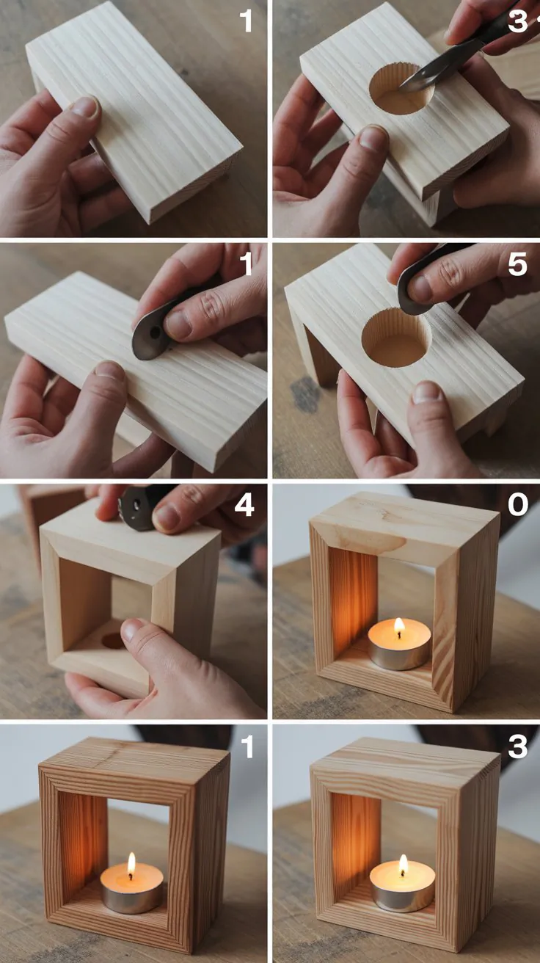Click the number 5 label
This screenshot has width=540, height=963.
(x=517, y=264)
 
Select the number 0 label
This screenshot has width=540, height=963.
(x=518, y=504)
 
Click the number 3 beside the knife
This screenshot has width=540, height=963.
(x=517, y=21)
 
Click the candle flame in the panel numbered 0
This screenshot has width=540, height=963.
(x=400, y=627)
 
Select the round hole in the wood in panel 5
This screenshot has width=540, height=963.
(x=396, y=339)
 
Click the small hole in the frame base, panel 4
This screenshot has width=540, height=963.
(x=114, y=641)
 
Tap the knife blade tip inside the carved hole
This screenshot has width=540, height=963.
(x=401, y=88)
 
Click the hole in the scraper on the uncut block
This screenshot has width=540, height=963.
(x=155, y=332)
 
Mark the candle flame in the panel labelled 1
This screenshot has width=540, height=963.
(x=131, y=863)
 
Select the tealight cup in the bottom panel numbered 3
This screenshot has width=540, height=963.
(x=403, y=887)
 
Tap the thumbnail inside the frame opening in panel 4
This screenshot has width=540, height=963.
(x=134, y=630)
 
